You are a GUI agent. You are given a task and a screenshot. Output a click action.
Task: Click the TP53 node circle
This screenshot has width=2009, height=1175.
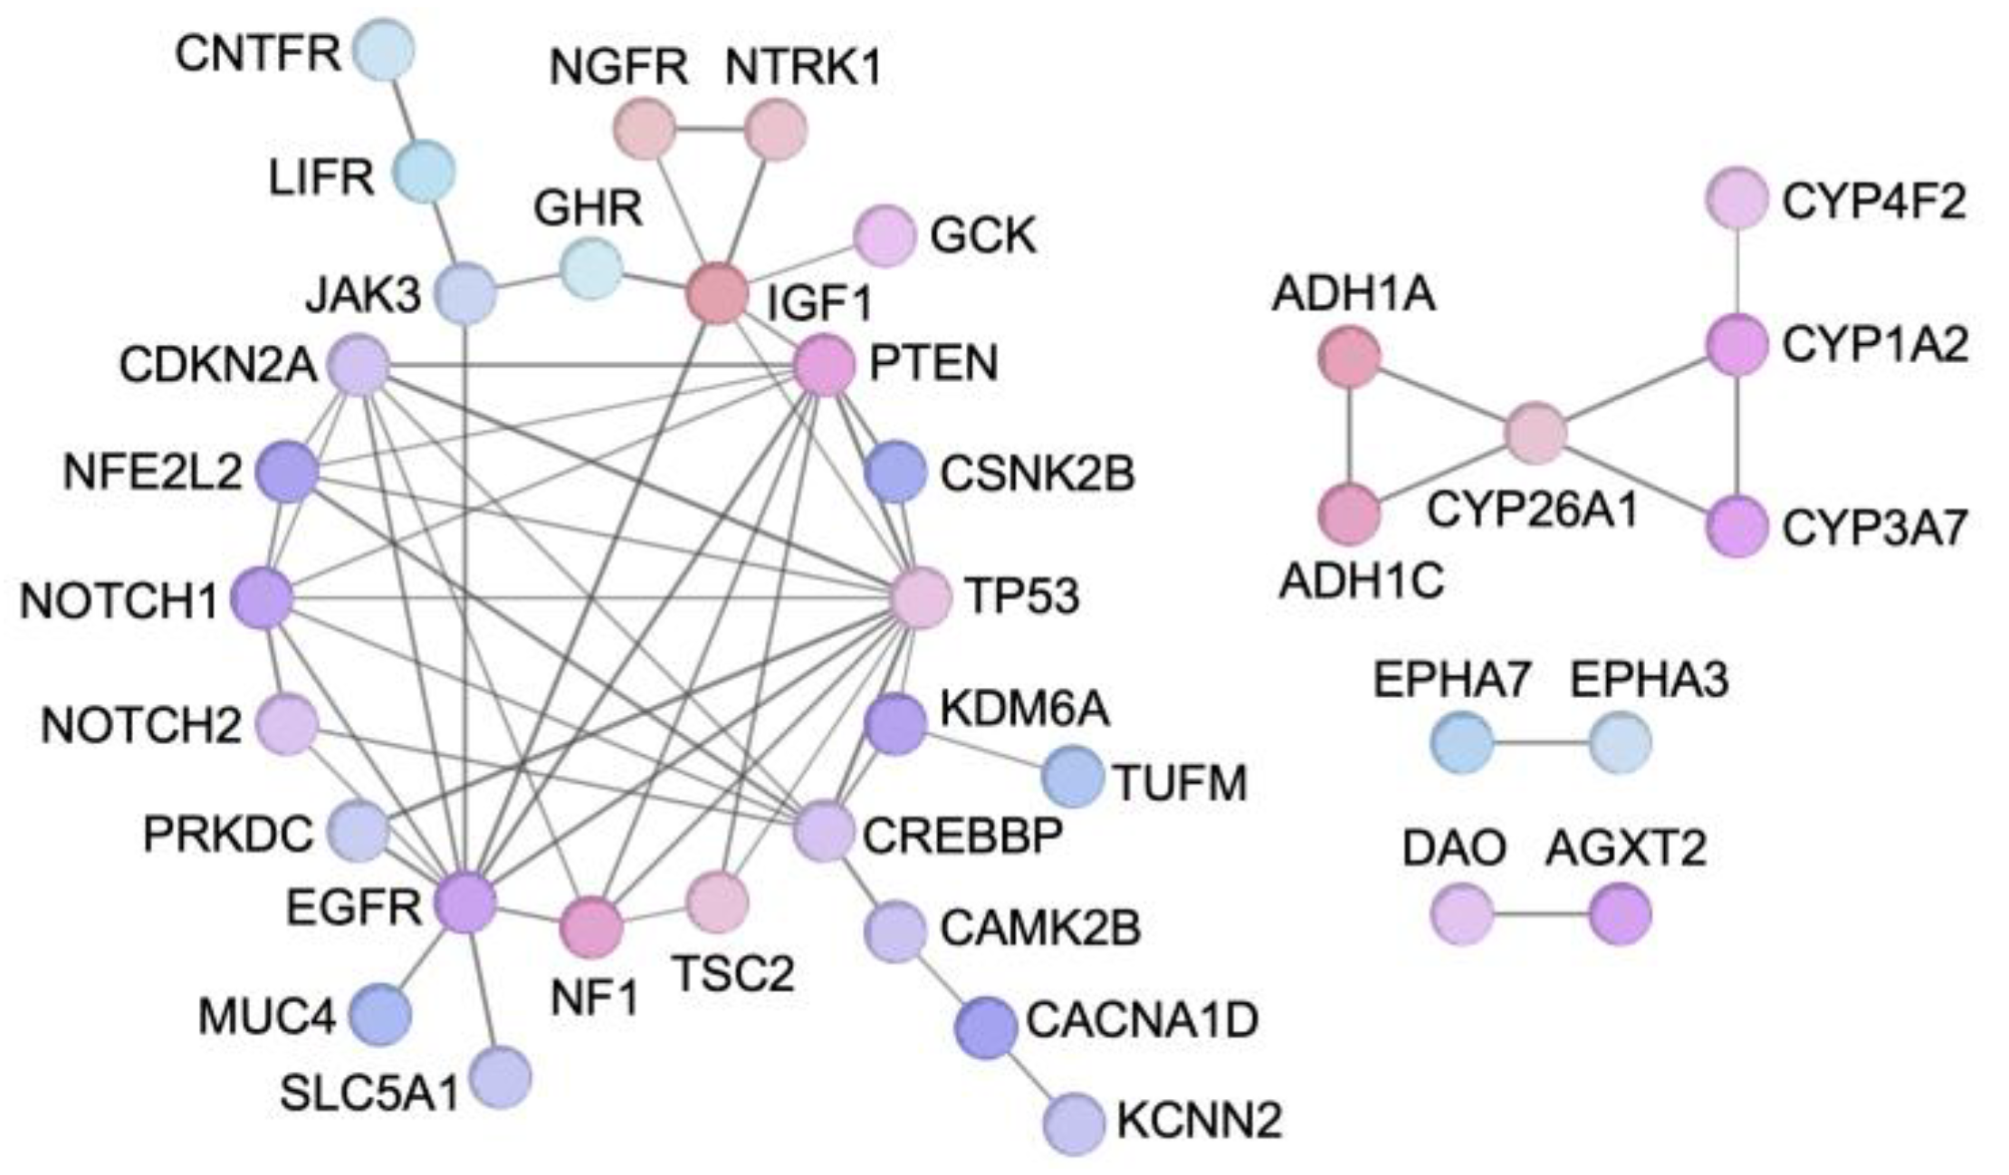click(921, 597)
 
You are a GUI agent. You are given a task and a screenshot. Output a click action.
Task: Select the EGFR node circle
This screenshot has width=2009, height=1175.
click(465, 902)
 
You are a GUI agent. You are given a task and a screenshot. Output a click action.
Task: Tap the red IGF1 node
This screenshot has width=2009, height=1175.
click(717, 293)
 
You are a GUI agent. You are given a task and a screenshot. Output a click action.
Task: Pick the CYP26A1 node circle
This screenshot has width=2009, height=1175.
click(1536, 434)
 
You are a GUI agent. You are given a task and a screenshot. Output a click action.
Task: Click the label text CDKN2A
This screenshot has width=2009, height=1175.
click(217, 366)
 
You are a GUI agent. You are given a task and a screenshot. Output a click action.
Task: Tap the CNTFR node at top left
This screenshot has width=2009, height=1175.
click(384, 51)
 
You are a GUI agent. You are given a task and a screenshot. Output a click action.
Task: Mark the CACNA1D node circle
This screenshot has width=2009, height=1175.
click(987, 1027)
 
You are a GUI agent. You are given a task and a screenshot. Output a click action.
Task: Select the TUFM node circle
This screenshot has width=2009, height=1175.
click(1072, 776)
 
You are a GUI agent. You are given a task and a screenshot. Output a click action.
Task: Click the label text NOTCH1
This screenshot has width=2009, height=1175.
click(120, 601)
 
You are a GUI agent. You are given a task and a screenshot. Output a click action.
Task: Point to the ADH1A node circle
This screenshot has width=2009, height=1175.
click(1349, 358)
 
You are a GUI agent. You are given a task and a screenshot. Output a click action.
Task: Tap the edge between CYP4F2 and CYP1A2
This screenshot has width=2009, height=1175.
click(1736, 272)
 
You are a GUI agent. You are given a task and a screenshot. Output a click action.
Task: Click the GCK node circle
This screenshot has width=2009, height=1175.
click(885, 236)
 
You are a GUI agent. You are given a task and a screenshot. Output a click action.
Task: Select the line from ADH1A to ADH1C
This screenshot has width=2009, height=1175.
click(1349, 435)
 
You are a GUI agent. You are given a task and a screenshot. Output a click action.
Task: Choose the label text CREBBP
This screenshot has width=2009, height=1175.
click(962, 836)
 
